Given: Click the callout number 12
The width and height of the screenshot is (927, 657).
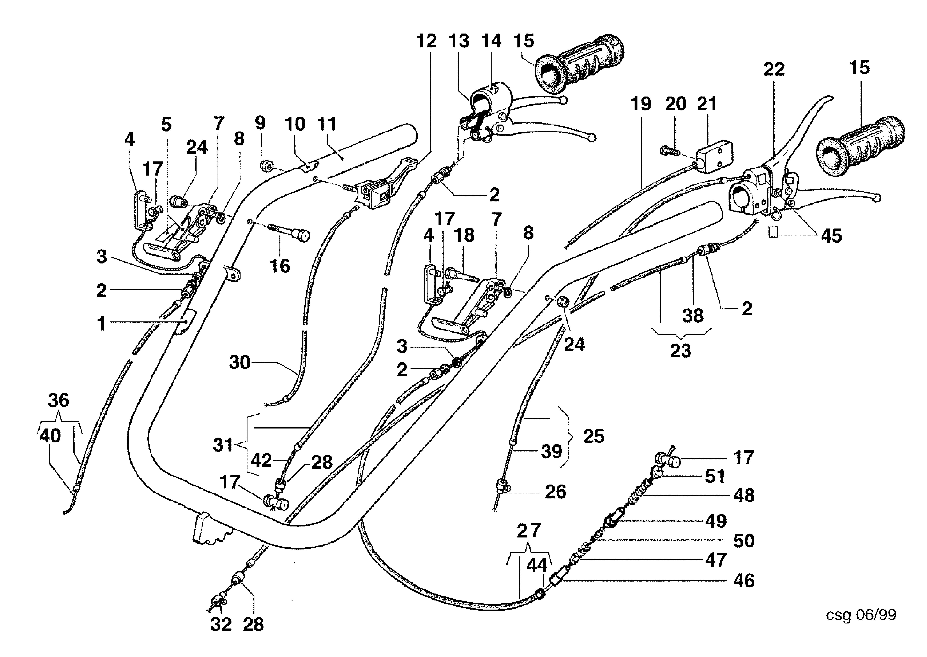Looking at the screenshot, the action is tap(427, 41).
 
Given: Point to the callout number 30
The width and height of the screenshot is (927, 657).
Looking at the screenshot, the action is tap(240, 362).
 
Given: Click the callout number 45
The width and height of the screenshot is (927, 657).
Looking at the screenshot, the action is tap(831, 236).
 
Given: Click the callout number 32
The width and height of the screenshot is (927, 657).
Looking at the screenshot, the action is tap(221, 625).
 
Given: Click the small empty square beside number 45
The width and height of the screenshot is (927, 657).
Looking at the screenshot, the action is tap(773, 232).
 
